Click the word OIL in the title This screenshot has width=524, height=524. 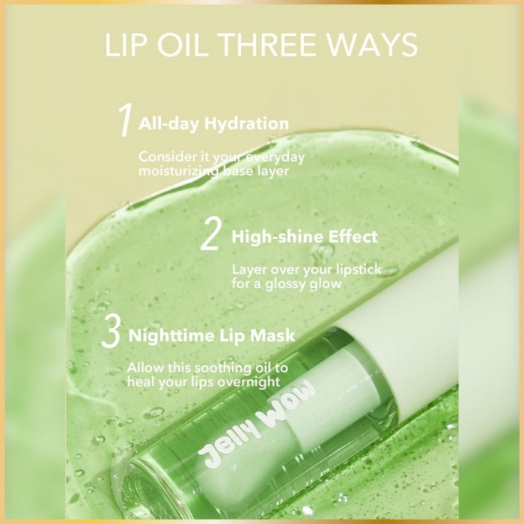point(185,45)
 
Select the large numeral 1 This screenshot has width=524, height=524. point(126,120)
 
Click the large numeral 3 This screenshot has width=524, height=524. point(111,331)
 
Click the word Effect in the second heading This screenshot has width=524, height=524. point(353,237)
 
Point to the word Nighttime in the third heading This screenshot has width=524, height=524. point(171,335)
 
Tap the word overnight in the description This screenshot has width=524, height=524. point(249,382)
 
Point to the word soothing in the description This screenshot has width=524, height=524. point(223,368)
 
